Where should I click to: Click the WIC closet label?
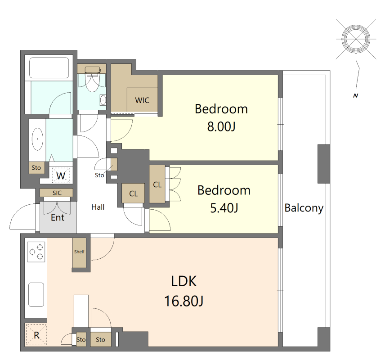pyautogui.click(x=142, y=100)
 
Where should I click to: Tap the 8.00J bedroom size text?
pyautogui.click(x=221, y=127)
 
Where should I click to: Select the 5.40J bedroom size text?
pyautogui.click(x=224, y=208)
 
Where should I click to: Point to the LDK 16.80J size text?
pyautogui.click(x=184, y=301)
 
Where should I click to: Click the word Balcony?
pyautogui.click(x=304, y=208)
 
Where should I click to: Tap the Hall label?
pyautogui.click(x=98, y=207)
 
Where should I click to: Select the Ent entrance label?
pyautogui.click(x=58, y=217)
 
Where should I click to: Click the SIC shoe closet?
pyautogui.click(x=57, y=193)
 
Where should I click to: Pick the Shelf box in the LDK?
pyautogui.click(x=79, y=252)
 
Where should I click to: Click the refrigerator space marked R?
pyautogui.click(x=36, y=335)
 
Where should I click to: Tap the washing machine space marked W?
pyautogui.click(x=61, y=175)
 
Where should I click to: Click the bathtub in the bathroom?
pyautogui.click(x=49, y=68)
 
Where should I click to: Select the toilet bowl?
pyautogui.click(x=92, y=79)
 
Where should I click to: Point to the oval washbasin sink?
pyautogui.click(x=38, y=139)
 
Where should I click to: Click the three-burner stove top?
pyautogui.click(x=36, y=252)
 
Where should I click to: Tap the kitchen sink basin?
pyautogui.click(x=36, y=295)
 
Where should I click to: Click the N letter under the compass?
pyautogui.click(x=355, y=95)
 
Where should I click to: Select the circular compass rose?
pyautogui.click(x=356, y=39)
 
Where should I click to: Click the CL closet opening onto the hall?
pyautogui.click(x=133, y=193)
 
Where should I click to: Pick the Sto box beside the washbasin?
pyautogui.click(x=36, y=168)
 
